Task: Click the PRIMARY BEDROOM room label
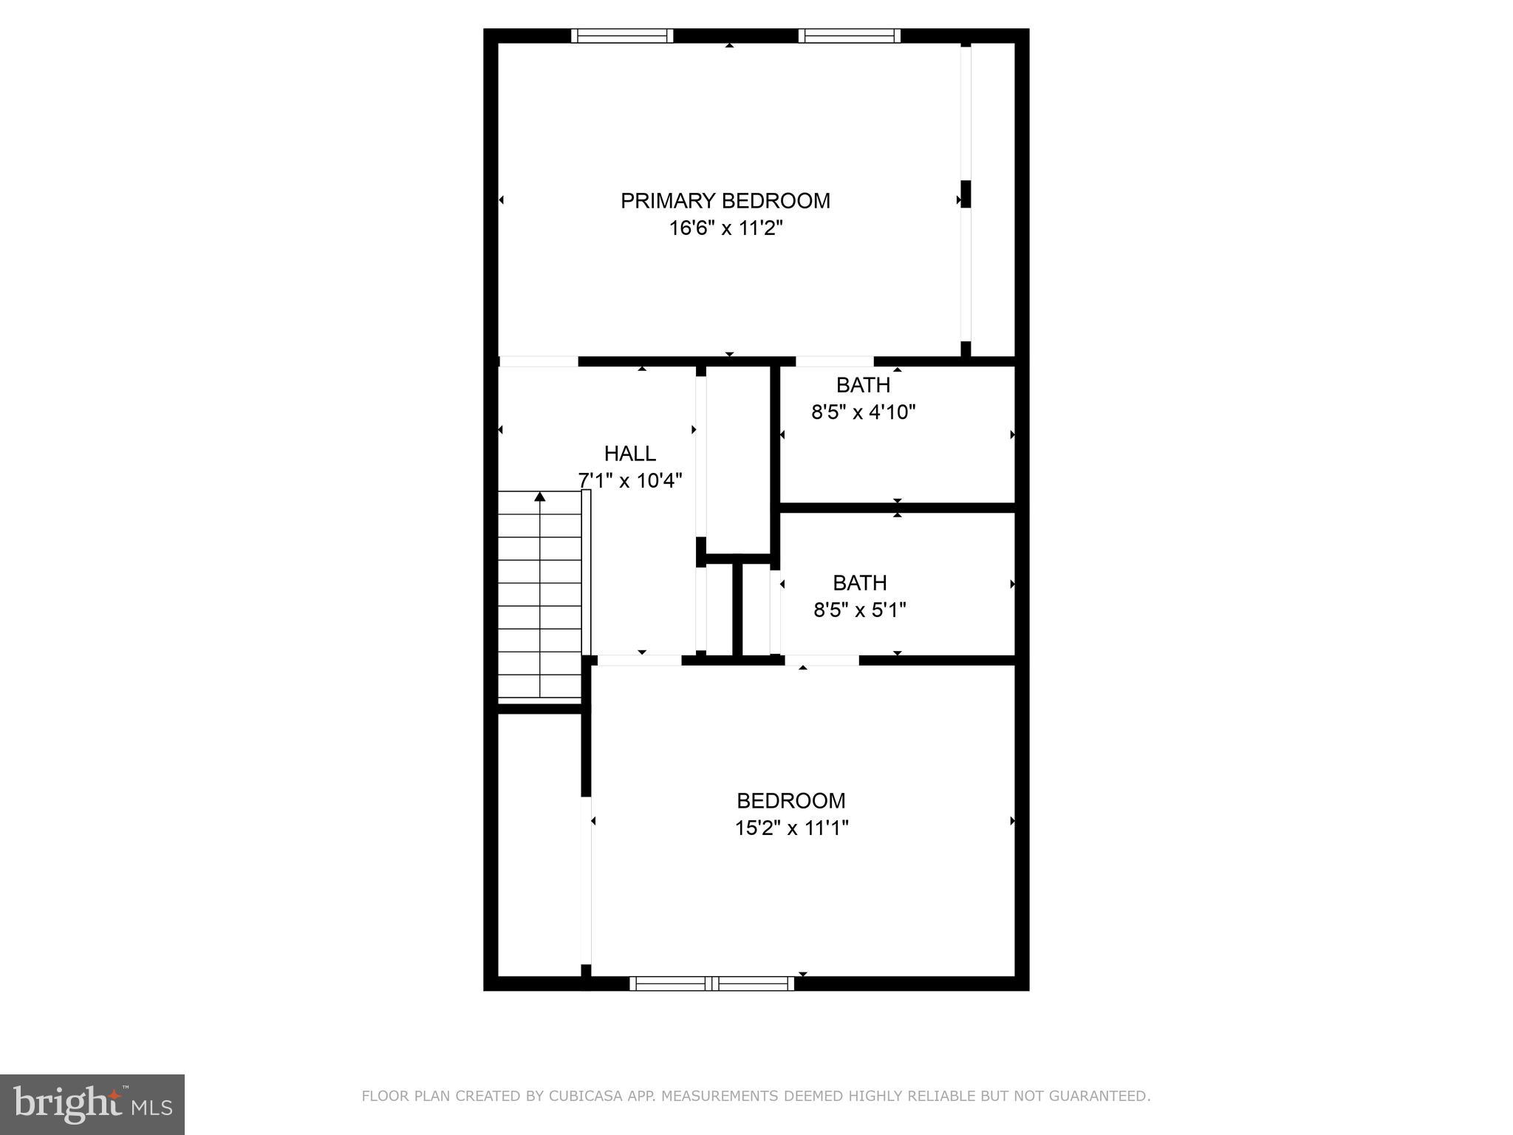[x=725, y=201]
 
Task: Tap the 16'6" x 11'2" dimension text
[x=725, y=228]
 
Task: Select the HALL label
[x=629, y=453]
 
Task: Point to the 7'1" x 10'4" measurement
[x=629, y=480]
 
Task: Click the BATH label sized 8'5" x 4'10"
[x=863, y=385]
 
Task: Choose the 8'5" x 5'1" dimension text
[x=859, y=610]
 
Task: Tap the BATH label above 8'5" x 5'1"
[x=859, y=583]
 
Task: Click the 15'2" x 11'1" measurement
[x=791, y=828]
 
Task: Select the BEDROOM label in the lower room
[x=791, y=801]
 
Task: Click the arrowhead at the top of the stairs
[x=540, y=497]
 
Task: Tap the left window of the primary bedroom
[x=622, y=35]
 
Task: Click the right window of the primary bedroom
[x=850, y=35]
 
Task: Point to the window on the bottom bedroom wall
[x=711, y=984]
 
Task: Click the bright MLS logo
[x=92, y=1105]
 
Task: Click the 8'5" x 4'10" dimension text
[x=863, y=412]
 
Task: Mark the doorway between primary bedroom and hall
[x=538, y=361]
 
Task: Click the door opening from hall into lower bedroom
[x=639, y=660]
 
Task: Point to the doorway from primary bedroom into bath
[x=834, y=361]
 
